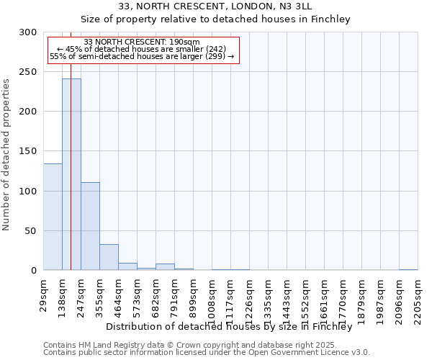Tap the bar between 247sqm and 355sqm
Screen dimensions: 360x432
pyautogui.click(x=90, y=226)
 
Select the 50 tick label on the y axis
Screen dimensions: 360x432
pyautogui.click(x=31, y=231)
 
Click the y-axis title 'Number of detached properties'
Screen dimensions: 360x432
pyautogui.click(x=7, y=154)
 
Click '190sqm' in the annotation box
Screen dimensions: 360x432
pyautogui.click(x=186, y=42)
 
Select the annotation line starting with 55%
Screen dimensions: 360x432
pyautogui.click(x=142, y=56)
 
